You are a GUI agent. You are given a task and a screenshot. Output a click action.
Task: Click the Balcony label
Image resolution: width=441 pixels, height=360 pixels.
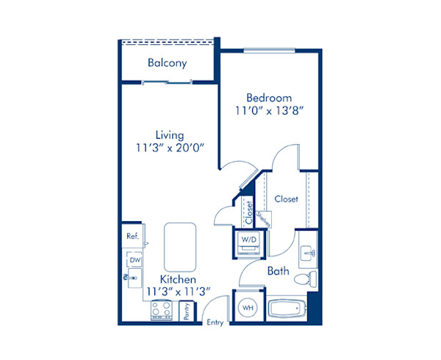[x=167, y=63]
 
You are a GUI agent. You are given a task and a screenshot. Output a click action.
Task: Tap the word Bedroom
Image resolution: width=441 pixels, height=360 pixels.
[x=268, y=98]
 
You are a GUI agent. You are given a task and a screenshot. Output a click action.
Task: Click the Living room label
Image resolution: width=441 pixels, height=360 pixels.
[x=169, y=135]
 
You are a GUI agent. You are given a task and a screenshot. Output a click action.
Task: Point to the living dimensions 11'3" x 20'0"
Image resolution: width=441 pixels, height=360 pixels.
[x=169, y=148]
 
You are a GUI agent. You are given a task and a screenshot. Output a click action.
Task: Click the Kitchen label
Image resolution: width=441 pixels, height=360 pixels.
[x=178, y=280]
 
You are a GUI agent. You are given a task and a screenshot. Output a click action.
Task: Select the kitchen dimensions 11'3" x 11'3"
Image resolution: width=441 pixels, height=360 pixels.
[x=178, y=292]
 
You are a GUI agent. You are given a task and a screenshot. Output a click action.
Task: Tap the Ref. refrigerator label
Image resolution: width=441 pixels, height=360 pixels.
[x=132, y=237]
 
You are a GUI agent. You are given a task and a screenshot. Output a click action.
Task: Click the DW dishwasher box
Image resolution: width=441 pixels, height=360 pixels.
[x=135, y=259]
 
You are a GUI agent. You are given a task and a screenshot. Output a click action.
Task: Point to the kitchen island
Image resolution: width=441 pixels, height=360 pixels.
[x=179, y=246]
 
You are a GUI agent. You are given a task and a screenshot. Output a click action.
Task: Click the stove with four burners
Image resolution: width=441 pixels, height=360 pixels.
[x=161, y=312]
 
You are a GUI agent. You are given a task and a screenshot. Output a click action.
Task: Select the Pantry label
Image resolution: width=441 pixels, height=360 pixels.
[x=187, y=312]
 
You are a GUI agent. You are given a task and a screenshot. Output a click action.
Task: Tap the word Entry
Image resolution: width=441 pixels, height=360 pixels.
[x=215, y=322]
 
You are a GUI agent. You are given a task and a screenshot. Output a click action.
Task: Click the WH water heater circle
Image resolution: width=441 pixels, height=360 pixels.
[x=247, y=306]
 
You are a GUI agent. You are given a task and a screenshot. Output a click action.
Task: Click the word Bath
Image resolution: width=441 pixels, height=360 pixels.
[x=278, y=271]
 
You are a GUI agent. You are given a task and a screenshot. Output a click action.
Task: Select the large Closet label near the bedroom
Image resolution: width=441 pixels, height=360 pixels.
[x=286, y=199]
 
